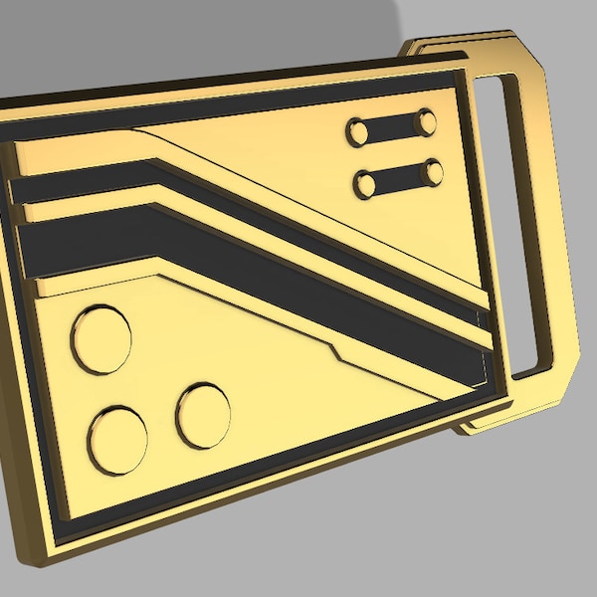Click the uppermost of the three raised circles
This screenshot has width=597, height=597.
(100, 339)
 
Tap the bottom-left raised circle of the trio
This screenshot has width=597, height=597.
(117, 440)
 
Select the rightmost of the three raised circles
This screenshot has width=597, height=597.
(203, 414)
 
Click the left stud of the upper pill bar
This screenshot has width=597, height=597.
(357, 131)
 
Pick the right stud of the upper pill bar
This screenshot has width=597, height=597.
(426, 122)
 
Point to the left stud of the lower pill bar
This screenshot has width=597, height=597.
(365, 184)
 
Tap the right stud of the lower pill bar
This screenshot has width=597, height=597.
(432, 173)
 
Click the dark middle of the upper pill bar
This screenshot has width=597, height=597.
(392, 126)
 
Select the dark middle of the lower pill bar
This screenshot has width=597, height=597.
(398, 179)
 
